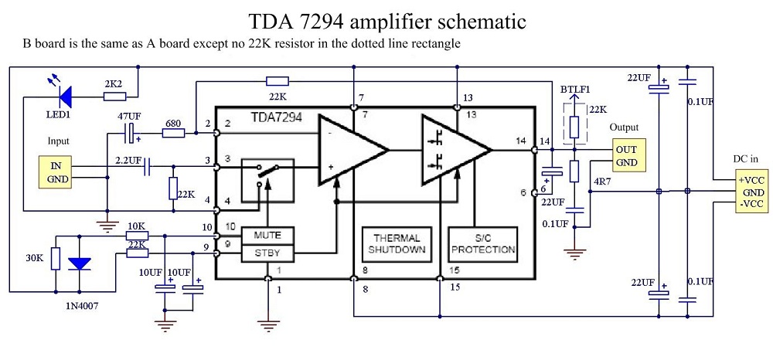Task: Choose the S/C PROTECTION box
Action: (483, 243)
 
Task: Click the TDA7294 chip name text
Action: (276, 119)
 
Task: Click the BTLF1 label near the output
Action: (574, 90)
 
